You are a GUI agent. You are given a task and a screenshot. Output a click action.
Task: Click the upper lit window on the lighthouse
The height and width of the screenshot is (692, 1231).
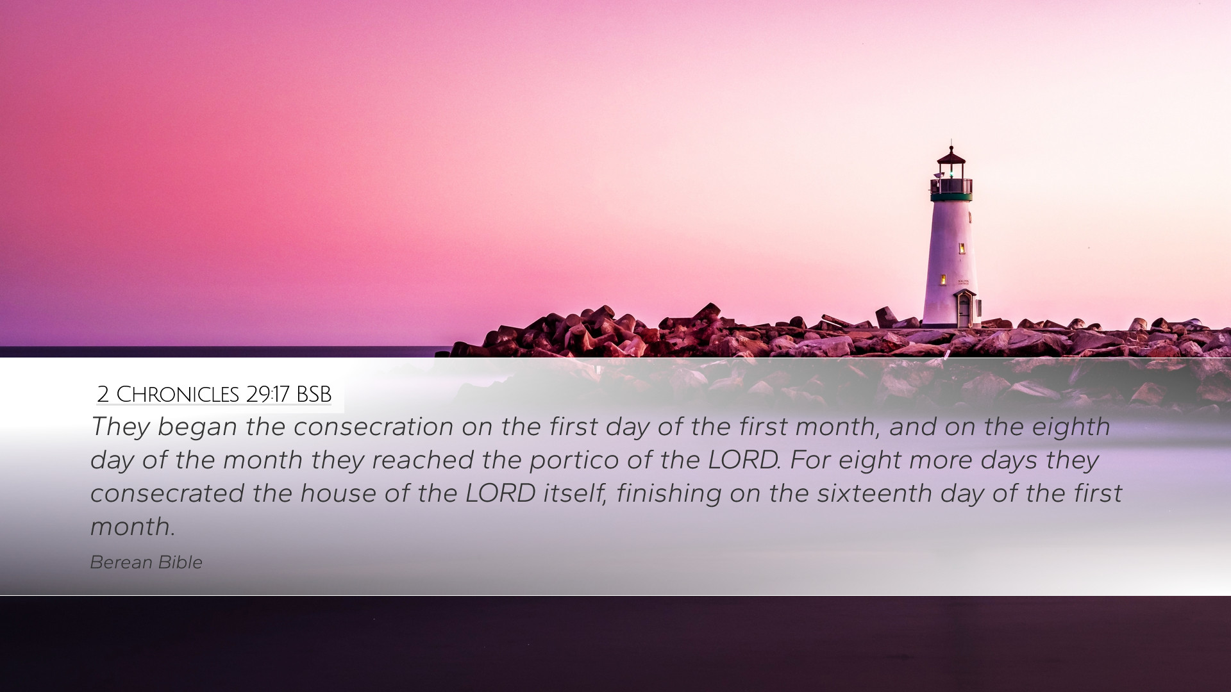click(962, 248)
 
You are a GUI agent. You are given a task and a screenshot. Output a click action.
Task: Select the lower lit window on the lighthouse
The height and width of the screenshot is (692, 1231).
click(943, 279)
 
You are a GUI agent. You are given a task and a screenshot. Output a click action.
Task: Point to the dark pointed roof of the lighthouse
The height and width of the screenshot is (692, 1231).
click(951, 155)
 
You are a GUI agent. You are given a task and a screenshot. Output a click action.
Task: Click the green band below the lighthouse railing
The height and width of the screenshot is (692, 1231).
click(951, 197)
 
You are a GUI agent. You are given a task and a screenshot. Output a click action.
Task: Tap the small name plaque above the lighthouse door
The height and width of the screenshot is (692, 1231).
click(963, 281)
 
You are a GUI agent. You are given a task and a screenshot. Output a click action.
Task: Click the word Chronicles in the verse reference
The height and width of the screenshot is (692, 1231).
click(178, 395)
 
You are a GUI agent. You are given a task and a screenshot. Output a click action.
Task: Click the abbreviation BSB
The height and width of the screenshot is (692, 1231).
click(314, 395)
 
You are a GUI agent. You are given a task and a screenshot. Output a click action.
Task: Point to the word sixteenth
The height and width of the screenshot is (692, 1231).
click(874, 493)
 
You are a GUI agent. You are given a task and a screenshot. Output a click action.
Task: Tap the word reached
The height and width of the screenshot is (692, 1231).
click(422, 460)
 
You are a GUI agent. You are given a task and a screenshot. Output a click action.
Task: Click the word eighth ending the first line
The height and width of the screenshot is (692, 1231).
click(1071, 427)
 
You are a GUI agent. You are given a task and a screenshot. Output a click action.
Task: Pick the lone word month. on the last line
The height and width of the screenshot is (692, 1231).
click(132, 527)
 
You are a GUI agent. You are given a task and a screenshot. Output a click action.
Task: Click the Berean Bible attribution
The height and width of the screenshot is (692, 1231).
click(146, 562)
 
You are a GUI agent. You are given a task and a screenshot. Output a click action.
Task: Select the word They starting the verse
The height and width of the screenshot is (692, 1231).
click(120, 427)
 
